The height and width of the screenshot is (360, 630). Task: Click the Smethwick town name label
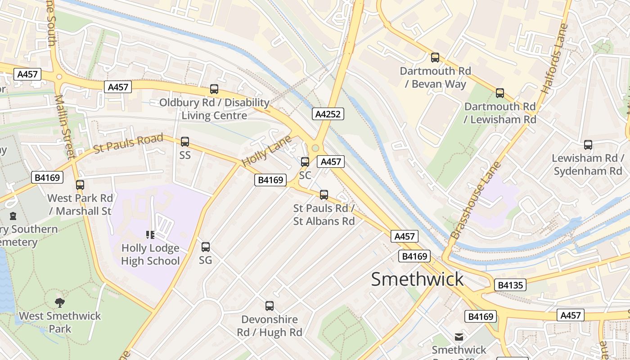click(417, 279)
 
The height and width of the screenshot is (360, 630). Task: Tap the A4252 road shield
click(328, 114)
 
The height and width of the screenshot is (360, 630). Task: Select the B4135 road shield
click(510, 285)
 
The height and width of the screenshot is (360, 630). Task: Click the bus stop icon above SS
click(185, 142)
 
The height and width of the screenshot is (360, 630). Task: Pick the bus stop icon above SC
click(305, 162)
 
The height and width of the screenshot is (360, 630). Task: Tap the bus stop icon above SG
click(206, 247)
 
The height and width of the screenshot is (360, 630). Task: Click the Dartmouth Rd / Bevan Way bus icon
click(435, 58)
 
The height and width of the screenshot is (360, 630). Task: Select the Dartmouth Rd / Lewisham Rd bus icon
click(499, 93)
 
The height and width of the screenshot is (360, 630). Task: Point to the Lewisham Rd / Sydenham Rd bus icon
click(588, 145)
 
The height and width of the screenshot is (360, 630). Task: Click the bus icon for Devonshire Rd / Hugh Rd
click(270, 306)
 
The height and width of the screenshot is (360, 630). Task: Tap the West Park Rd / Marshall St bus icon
click(80, 184)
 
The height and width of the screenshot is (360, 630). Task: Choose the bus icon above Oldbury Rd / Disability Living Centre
click(214, 89)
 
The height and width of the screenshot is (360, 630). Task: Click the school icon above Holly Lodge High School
click(150, 234)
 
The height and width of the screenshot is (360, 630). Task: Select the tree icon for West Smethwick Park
click(60, 302)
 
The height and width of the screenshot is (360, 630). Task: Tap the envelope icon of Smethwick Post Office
click(459, 337)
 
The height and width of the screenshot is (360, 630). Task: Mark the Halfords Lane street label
click(554, 58)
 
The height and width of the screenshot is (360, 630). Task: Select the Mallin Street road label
click(64, 126)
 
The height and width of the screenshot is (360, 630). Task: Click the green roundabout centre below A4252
click(315, 148)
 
